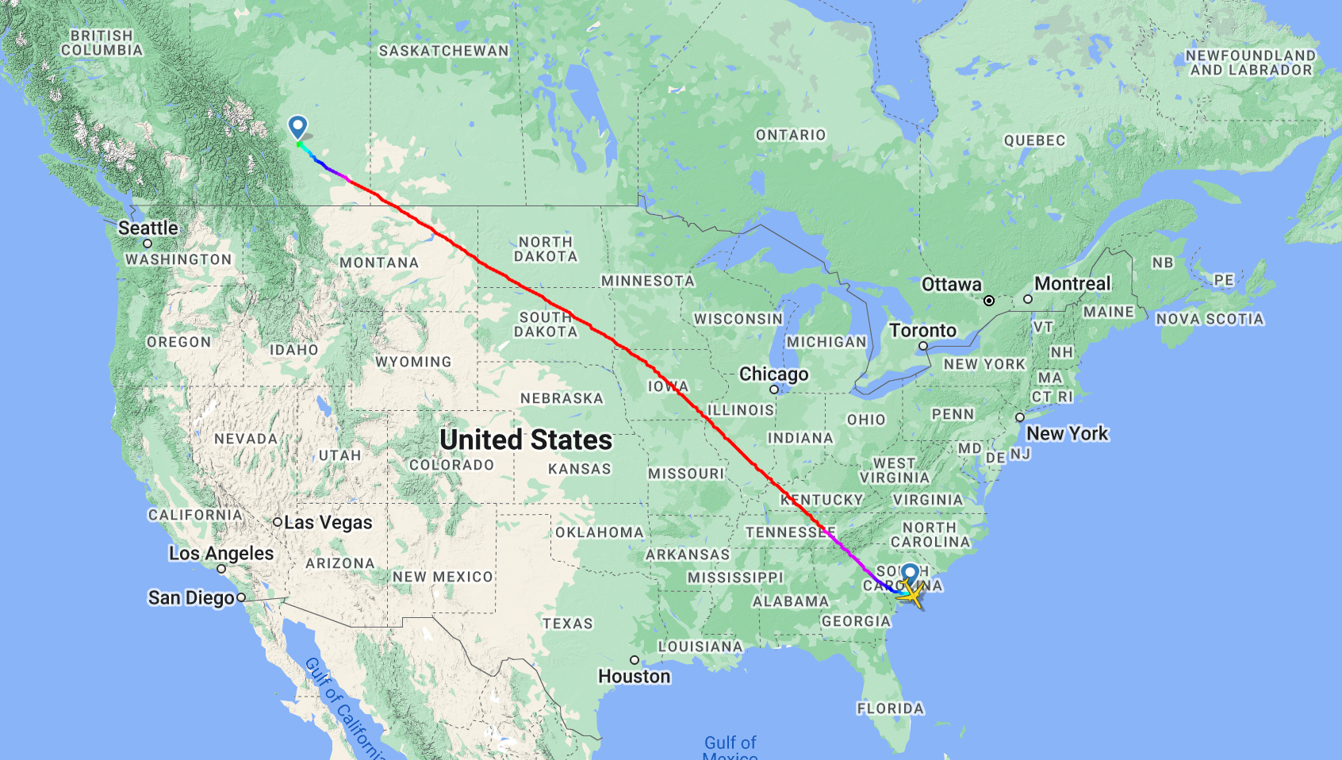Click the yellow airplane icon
(x=914, y=593)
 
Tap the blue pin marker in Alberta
(x=297, y=126)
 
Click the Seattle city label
(x=148, y=228)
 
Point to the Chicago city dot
(x=774, y=390)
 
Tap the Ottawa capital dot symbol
(x=989, y=301)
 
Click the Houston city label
(x=635, y=676)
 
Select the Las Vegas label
(x=328, y=523)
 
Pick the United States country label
(x=526, y=439)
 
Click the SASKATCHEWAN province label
(x=444, y=51)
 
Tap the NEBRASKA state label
(x=562, y=398)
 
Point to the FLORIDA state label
(x=890, y=708)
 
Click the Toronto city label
(x=922, y=330)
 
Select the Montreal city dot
(x=1028, y=299)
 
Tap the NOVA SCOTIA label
(x=1210, y=319)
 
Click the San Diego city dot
(x=241, y=597)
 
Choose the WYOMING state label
(x=413, y=362)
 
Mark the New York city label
(x=1067, y=433)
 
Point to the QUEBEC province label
(x=1034, y=140)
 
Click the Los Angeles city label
(x=221, y=553)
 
